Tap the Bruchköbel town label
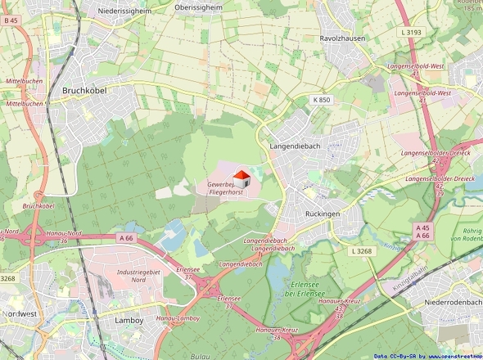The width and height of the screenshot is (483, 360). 87,91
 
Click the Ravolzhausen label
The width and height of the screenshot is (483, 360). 342,38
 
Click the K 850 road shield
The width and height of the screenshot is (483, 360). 322,100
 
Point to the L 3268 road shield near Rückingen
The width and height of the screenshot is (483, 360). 361,251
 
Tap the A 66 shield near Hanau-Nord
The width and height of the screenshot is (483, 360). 125,237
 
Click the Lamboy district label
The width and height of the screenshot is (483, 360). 129,321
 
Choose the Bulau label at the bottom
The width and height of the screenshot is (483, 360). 198,357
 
